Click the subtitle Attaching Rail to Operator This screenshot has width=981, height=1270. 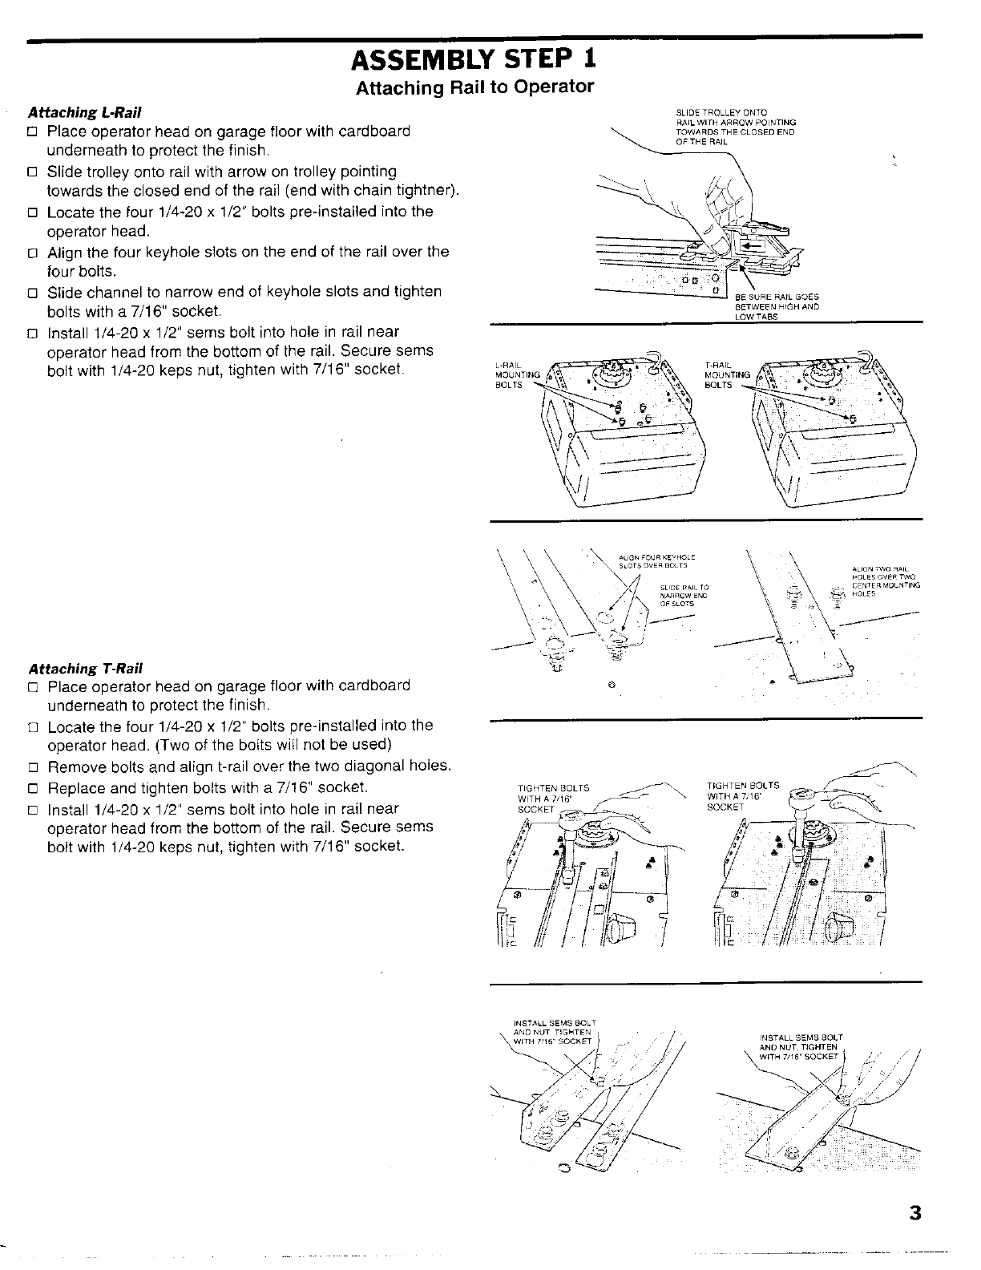click(474, 87)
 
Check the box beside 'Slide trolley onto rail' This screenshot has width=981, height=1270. click(33, 172)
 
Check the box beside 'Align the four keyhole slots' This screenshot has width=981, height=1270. click(33, 252)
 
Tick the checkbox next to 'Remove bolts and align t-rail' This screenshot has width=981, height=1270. click(33, 766)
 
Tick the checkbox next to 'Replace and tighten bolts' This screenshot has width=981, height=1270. click(33, 787)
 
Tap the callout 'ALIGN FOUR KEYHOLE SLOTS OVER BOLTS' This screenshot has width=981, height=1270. click(656, 560)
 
